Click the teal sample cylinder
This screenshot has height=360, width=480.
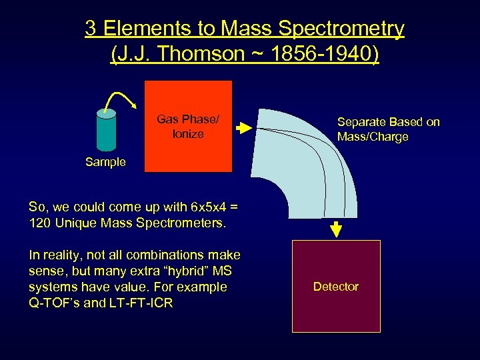(x=107, y=130)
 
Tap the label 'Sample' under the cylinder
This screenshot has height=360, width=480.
(x=105, y=162)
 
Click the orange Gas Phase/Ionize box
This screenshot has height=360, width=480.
(x=188, y=126)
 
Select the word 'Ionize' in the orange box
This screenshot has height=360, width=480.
(x=188, y=134)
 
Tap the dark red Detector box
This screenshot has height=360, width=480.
(x=336, y=286)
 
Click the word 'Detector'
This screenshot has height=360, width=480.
(x=336, y=287)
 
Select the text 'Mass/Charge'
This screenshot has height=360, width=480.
(x=373, y=137)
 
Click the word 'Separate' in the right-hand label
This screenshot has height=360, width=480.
(x=363, y=122)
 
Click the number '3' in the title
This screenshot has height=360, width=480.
(x=91, y=29)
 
